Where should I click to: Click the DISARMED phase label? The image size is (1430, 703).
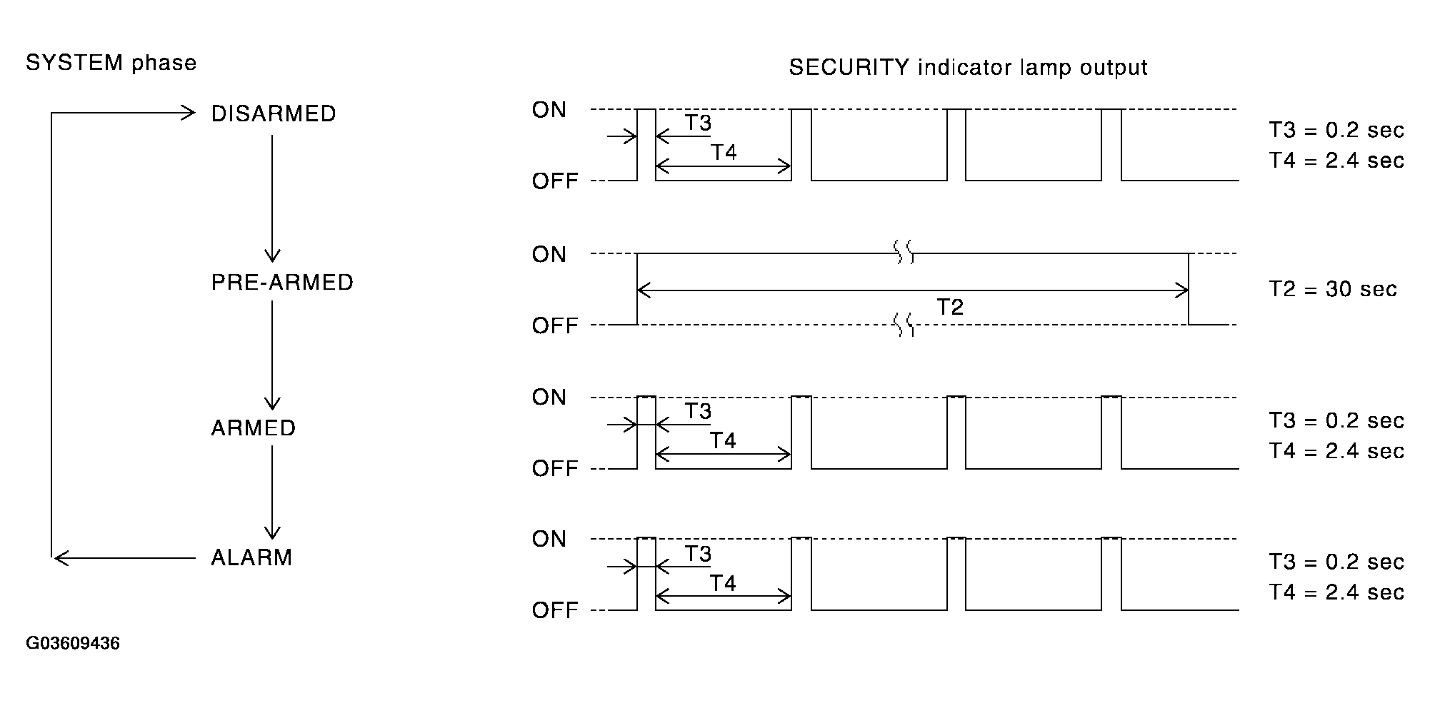click(274, 114)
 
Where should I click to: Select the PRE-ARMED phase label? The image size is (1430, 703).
click(282, 283)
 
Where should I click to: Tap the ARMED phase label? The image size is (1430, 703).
click(254, 428)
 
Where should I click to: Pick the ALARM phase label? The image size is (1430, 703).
click(251, 557)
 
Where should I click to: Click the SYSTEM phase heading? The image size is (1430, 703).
click(111, 63)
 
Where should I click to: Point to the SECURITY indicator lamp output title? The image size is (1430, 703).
click(968, 68)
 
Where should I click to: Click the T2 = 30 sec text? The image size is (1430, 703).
click(1333, 289)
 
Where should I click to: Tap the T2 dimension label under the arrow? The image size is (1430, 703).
click(950, 307)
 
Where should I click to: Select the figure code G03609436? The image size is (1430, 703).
click(73, 644)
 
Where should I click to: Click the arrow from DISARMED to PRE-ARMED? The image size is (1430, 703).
click(272, 199)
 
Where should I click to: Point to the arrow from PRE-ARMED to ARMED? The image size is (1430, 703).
click(272, 355)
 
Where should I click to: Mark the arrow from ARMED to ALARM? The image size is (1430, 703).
click(272, 492)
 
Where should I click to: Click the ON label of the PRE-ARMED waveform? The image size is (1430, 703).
click(549, 255)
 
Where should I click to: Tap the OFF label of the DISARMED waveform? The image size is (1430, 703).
click(555, 181)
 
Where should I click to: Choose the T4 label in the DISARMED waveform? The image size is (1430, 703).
click(724, 153)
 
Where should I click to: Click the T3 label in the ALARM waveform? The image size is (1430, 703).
click(698, 554)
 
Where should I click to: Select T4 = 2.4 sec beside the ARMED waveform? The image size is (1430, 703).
click(1336, 451)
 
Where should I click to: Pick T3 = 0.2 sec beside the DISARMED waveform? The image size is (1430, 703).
click(1336, 131)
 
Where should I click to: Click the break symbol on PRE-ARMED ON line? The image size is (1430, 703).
click(904, 253)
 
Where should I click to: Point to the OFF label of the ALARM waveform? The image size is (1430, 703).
click(555, 611)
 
